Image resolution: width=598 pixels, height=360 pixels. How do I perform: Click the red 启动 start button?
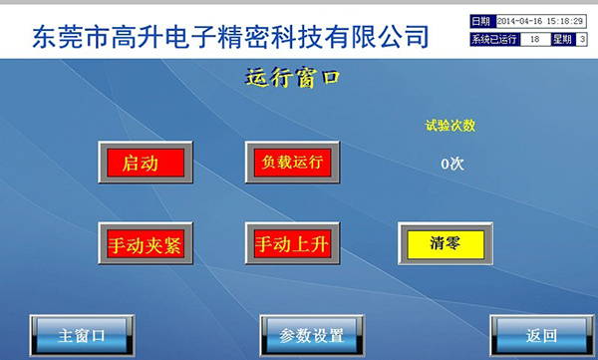coord(140,162)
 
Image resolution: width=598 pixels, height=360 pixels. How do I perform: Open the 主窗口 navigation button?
coord(81,334)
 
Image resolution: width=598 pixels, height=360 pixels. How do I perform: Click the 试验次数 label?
coord(450,126)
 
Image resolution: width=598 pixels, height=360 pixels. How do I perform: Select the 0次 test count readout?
coord(452,163)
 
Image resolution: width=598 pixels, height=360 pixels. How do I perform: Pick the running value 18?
coord(534,39)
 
